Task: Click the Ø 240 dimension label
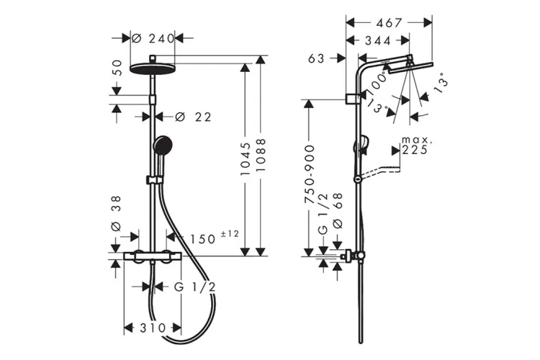(154, 38)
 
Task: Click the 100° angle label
(374, 88)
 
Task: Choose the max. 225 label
(415, 145)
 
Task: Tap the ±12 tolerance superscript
(229, 234)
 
